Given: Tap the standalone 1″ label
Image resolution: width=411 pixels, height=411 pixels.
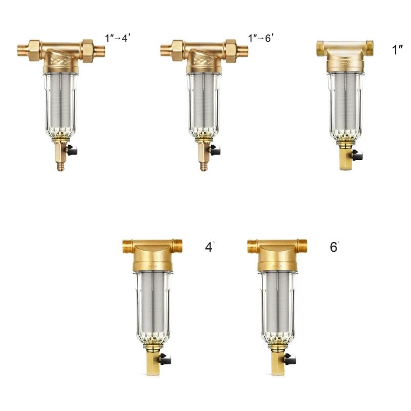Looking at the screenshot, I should [x=397, y=51].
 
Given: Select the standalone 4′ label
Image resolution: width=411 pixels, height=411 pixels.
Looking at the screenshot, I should [x=209, y=247].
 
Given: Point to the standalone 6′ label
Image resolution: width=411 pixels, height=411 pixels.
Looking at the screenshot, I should [x=334, y=247].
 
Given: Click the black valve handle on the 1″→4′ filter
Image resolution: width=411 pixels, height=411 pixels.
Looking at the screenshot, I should [x=72, y=151].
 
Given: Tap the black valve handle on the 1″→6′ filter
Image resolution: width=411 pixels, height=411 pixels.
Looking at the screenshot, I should [x=215, y=151].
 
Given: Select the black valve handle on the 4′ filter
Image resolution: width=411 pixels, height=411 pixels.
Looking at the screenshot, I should [x=165, y=359].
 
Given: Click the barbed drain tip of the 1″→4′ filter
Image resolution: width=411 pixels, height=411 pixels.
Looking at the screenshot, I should [x=61, y=166].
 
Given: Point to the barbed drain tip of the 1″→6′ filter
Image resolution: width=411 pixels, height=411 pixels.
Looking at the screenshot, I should [x=203, y=166].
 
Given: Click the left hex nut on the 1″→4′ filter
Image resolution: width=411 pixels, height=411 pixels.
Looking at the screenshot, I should [x=34, y=50].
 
